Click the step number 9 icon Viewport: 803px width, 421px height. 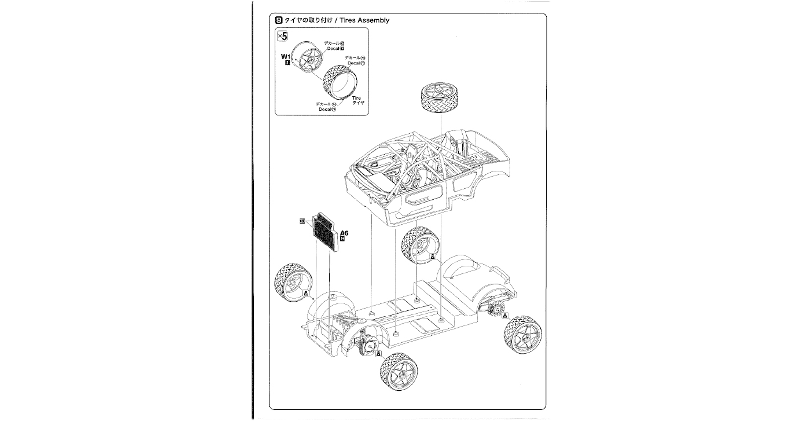pyautogui.click(x=279, y=20)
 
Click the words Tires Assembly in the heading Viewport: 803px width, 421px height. pyautogui.click(x=364, y=20)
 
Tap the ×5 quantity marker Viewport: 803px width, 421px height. pyautogui.click(x=282, y=36)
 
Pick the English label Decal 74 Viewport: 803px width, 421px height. pyautogui.click(x=327, y=109)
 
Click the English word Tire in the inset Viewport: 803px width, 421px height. pyautogui.click(x=357, y=98)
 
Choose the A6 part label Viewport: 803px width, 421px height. pyautogui.click(x=344, y=233)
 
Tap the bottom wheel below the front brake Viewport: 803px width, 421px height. pyautogui.click(x=399, y=373)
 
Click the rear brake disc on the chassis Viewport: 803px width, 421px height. pyautogui.click(x=496, y=310)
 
